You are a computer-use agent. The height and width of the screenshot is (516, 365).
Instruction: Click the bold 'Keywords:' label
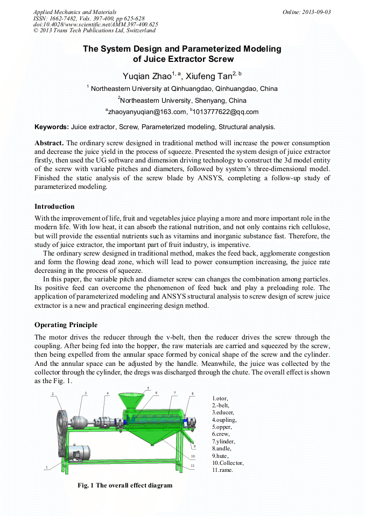[52, 127]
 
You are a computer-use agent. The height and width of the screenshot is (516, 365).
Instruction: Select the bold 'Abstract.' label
[49, 143]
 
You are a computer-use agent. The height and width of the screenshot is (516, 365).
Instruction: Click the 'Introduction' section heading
[54, 206]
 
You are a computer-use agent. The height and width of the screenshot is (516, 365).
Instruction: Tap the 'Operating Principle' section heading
[66, 324]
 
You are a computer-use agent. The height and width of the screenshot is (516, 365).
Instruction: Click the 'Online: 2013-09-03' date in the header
[306, 12]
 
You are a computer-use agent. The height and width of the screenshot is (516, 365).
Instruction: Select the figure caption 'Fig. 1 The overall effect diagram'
[125, 485]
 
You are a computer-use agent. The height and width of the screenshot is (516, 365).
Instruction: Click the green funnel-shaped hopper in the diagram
[131, 401]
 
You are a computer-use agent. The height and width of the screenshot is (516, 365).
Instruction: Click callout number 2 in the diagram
[53, 394]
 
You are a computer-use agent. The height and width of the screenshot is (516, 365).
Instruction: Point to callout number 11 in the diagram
[192, 464]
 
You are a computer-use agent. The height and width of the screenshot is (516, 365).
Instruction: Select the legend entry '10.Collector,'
[228, 463]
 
